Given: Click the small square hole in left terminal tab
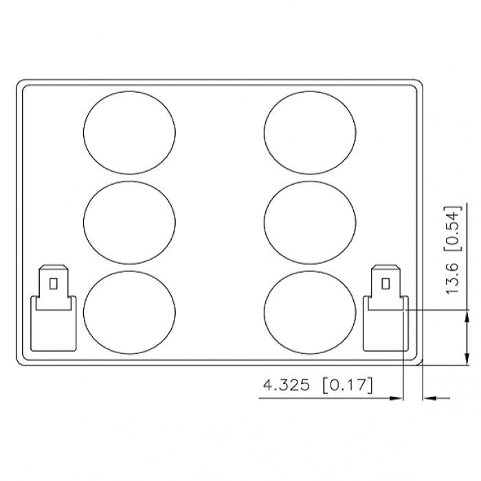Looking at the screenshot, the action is (54, 284).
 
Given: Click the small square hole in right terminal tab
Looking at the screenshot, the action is (385, 284).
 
